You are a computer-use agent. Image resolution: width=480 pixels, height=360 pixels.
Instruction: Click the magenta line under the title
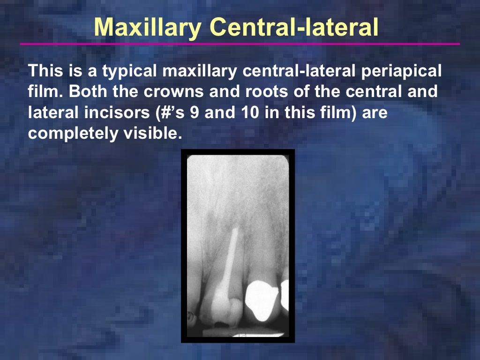(x=240, y=44)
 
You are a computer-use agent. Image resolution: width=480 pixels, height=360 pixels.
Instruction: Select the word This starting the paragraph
(x=44, y=71)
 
